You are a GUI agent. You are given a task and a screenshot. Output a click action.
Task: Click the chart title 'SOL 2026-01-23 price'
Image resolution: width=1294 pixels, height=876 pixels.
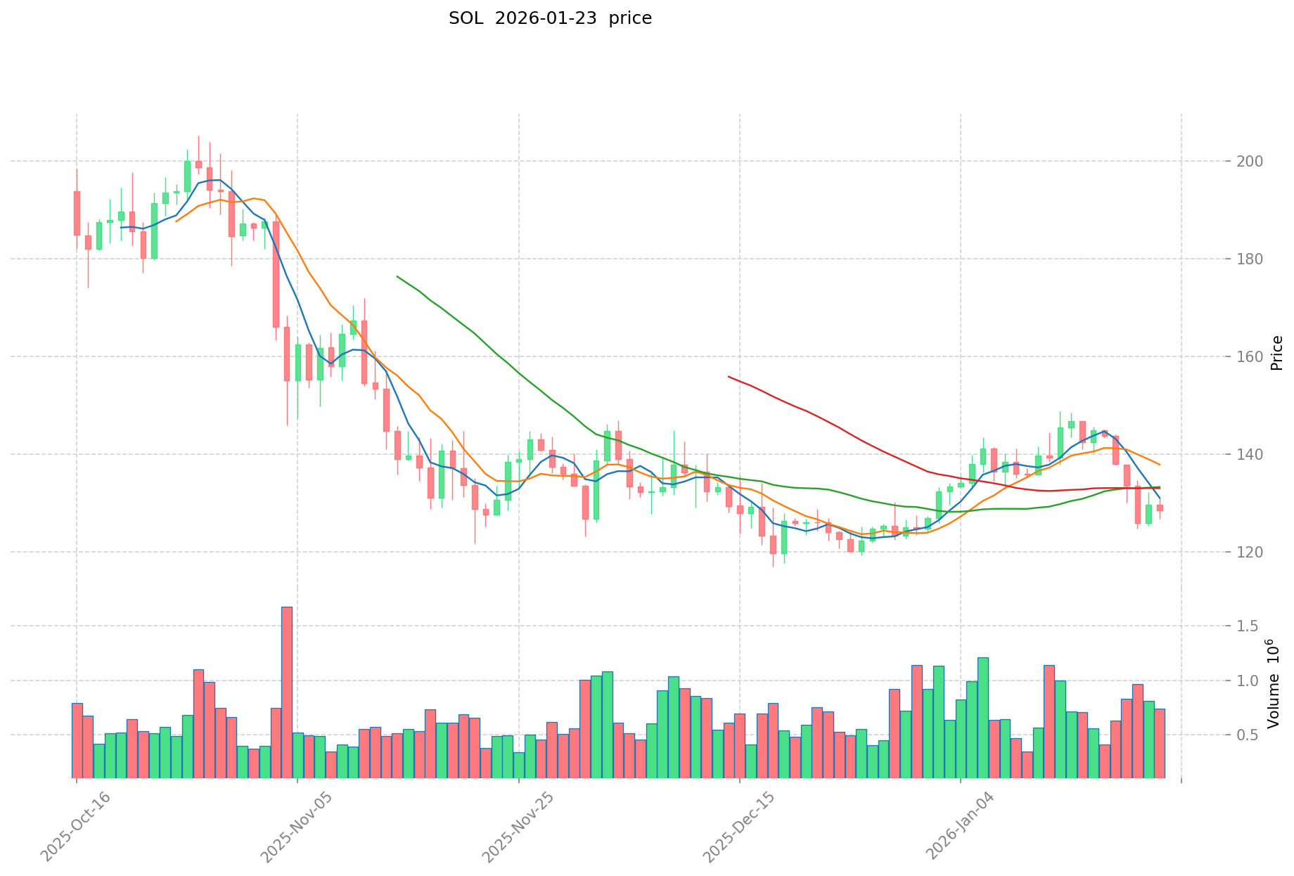click(550, 19)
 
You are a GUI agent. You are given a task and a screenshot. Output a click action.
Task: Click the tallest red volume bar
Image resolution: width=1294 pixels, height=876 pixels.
click(287, 692)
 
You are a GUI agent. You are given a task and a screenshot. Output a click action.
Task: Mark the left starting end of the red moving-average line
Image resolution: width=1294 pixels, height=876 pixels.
click(729, 377)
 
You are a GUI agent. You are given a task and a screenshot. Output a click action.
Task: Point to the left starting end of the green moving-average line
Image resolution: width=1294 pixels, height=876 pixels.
click(397, 276)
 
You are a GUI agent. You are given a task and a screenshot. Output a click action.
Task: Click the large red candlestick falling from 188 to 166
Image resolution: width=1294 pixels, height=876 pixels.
click(276, 274)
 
